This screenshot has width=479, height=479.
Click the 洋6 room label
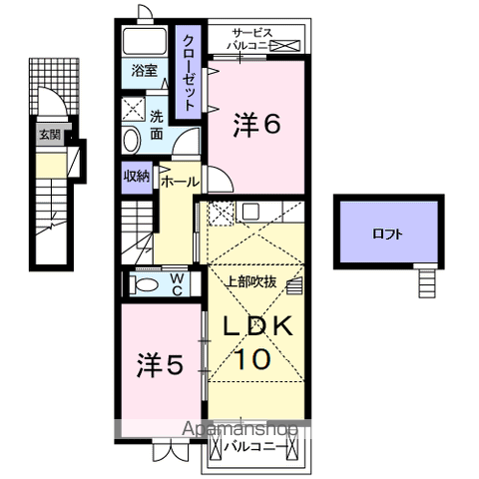coord(256,124)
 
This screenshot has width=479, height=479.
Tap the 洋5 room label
coord(160,365)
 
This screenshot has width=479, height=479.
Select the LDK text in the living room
coord(255,326)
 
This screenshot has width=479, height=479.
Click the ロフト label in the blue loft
coord(388,235)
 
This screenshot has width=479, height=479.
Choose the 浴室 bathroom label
coord(142,71)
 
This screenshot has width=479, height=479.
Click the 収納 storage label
coord(137,178)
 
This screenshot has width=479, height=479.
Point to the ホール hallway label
coord(180,182)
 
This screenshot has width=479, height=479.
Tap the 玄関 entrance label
coord(48,134)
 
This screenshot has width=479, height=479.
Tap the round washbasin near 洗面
coord(134,140)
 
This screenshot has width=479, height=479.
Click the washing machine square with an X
coord(134,107)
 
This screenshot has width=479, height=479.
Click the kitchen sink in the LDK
coord(249,211)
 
